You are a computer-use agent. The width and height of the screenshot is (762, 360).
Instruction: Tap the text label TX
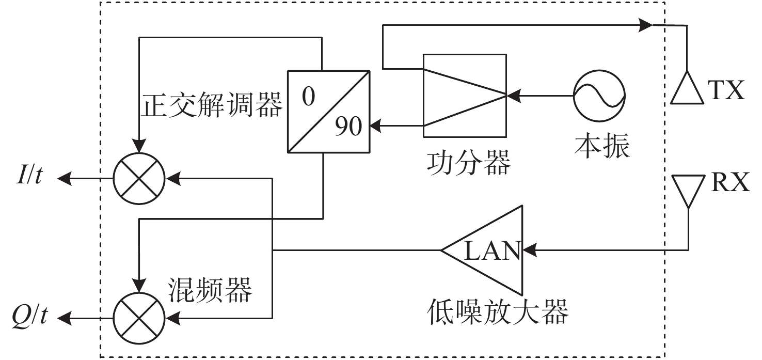[x=726, y=90]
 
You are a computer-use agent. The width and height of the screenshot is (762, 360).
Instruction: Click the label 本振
[x=602, y=146]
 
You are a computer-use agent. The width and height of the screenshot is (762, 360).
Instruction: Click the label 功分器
[x=469, y=163]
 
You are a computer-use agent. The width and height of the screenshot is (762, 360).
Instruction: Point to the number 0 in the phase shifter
[x=309, y=96]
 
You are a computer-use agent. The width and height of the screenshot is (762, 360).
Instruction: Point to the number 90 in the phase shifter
[x=348, y=126]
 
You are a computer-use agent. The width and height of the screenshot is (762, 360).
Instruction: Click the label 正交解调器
[x=212, y=105]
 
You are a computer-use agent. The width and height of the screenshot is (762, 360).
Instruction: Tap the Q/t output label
[x=30, y=316]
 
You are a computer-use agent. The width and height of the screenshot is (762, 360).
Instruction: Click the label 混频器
[x=210, y=290]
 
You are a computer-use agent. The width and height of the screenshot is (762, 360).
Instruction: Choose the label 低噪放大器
[x=497, y=311]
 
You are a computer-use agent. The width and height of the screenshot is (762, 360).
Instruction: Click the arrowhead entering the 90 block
[x=375, y=126]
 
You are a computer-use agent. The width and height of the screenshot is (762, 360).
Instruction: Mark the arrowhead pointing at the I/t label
[x=65, y=178]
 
